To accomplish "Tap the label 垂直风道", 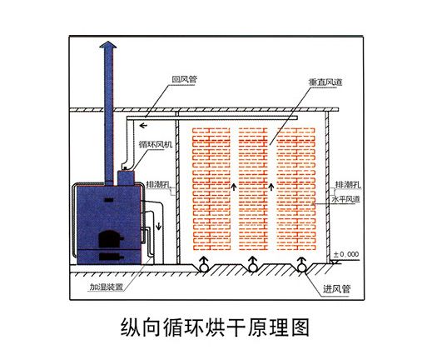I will coord(311,83).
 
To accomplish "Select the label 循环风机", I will coord(157,144).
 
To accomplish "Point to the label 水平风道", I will coord(347,201).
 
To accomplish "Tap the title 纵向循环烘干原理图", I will coord(216,327).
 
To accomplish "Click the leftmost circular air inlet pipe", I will coord(202,266).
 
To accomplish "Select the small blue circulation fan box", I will coord(125,176).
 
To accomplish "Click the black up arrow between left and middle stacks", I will coord(234,186).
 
